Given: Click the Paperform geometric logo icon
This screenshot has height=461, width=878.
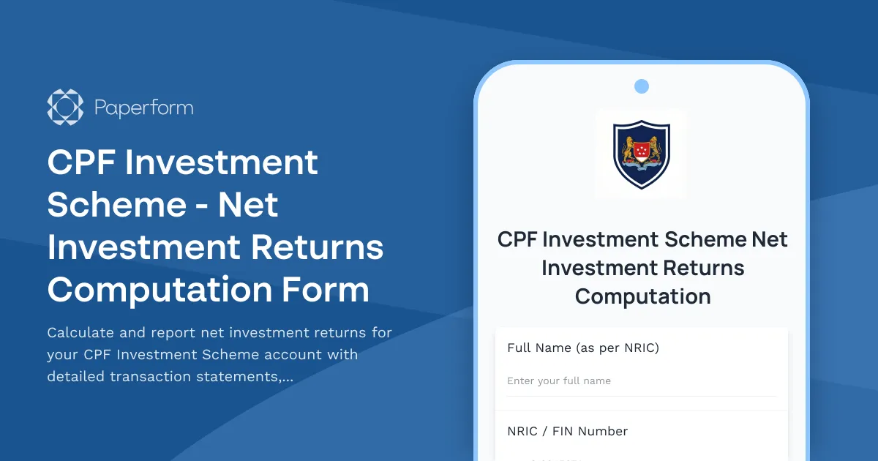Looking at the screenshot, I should [x=65, y=108].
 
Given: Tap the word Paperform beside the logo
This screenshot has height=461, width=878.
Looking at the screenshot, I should [x=143, y=108].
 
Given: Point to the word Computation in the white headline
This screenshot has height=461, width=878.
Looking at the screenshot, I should [x=157, y=290].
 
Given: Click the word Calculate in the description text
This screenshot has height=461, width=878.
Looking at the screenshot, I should [x=80, y=333].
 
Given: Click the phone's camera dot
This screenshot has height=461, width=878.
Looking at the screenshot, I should [x=642, y=86].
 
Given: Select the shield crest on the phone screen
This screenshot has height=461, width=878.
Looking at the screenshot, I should [x=642, y=154].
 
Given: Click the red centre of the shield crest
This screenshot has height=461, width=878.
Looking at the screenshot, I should [x=642, y=150].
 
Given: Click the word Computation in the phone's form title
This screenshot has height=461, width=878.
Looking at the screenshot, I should [x=642, y=296].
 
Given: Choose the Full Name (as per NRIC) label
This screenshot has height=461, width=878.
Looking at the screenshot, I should [x=583, y=348].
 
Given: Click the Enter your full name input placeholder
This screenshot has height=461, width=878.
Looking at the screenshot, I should [x=559, y=381].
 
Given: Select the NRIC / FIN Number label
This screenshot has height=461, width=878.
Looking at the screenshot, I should [x=567, y=432].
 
